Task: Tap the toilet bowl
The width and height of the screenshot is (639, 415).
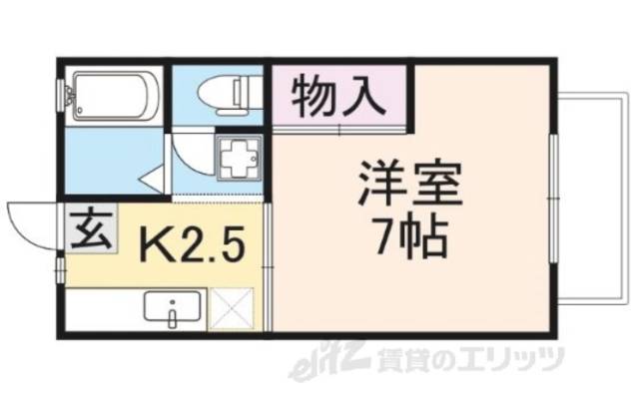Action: click(218, 92)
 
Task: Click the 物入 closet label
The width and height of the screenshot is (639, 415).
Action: click(337, 98)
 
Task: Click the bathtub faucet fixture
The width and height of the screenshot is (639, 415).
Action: click(68, 97)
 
